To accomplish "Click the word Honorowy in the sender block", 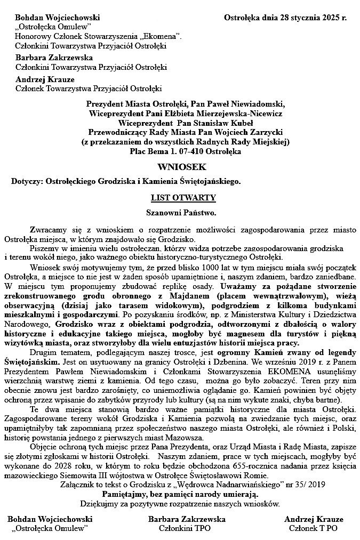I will (x=31, y=36).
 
